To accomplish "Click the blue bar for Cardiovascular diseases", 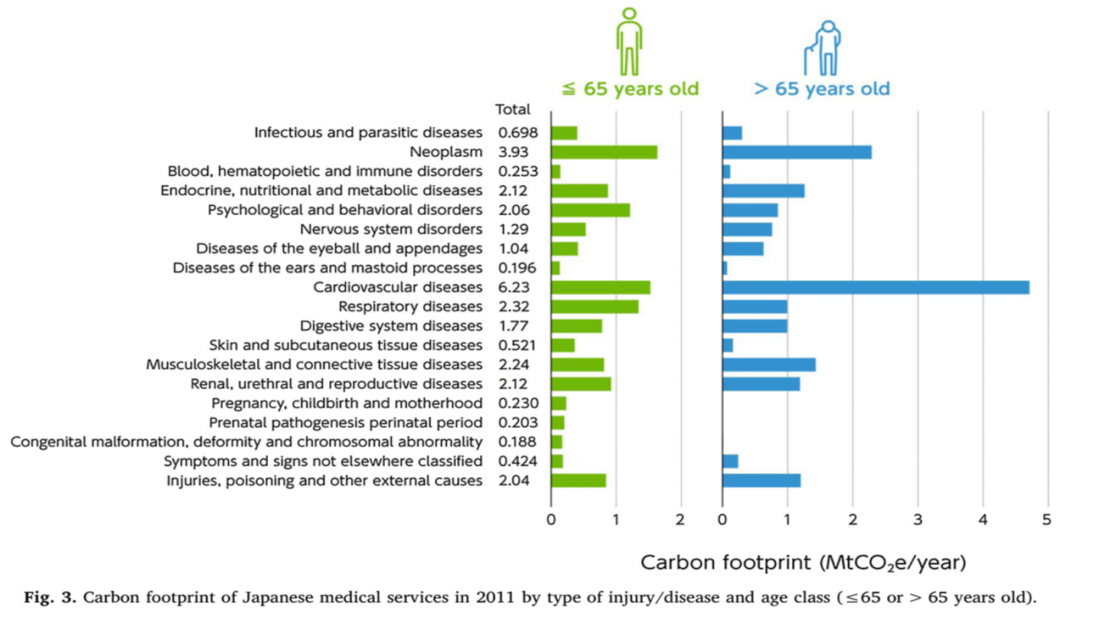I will point(875,288).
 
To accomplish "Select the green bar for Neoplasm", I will point(604,152).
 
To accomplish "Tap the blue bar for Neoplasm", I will point(797,152).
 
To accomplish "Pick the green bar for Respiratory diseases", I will point(595,307).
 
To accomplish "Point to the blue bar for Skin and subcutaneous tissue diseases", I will point(728,345).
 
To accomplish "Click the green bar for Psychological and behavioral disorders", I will point(590,210).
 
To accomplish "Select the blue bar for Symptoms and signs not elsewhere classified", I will point(730,461).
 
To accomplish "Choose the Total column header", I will point(513,110).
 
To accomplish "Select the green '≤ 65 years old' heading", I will point(631,89).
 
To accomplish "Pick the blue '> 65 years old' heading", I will point(822,89).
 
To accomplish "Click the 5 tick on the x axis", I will point(1048,520).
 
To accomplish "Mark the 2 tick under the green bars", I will point(680,520).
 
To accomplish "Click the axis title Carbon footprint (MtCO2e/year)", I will point(803,563).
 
